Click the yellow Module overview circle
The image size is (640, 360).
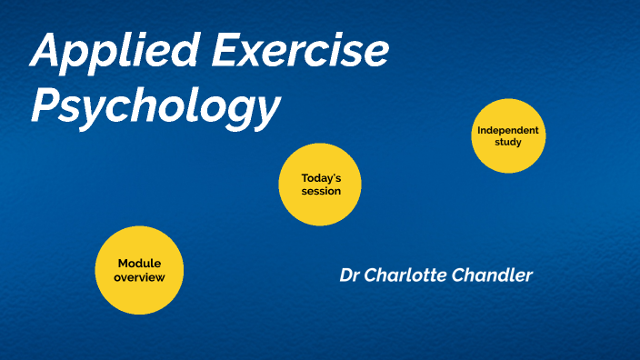(139, 271)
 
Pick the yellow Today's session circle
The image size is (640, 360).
(320, 184)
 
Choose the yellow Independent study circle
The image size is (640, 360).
(508, 135)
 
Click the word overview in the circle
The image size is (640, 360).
(140, 276)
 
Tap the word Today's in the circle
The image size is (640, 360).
(321, 178)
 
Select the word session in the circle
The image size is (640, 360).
(321, 191)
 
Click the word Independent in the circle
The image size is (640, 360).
(508, 130)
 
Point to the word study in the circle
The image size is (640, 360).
(509, 142)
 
